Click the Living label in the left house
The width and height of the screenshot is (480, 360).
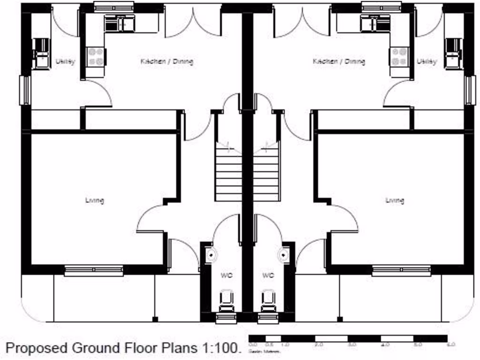pos(94,201)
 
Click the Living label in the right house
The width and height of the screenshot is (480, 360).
pos(395,201)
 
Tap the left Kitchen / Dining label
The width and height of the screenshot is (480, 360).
pos(167,61)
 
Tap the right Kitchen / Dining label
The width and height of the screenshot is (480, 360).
pos(339,61)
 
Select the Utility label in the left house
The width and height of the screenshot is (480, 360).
pos(65,61)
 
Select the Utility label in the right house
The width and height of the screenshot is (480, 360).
pos(427,61)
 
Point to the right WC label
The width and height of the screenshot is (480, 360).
pos(268,275)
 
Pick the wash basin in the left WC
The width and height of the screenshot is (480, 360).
pos(212,255)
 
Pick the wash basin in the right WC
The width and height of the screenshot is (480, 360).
pos(284,255)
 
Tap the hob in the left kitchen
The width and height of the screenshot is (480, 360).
pos(96,57)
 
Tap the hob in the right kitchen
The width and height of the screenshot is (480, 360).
pos(399,57)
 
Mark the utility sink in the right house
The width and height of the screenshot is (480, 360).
pos(453,53)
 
